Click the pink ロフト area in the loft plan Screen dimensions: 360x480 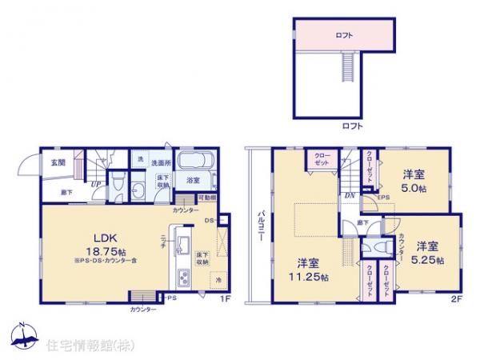pyautogui.click(x=345, y=36)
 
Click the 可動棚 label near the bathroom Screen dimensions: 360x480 pyautogui.click(x=206, y=198)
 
